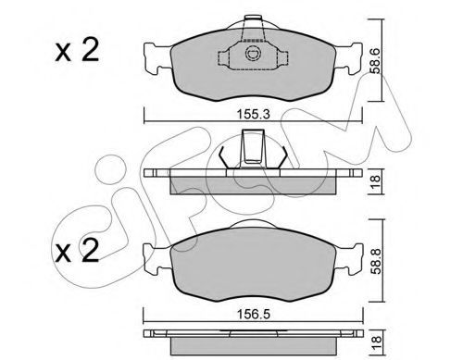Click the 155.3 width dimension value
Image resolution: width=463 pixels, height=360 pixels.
[x=253, y=114]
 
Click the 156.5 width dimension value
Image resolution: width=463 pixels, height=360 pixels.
[x=253, y=315]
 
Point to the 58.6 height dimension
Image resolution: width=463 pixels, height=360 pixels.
[x=376, y=60]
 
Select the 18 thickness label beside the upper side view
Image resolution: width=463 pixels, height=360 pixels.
[x=376, y=182]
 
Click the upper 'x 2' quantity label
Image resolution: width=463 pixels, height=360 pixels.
[x=77, y=50]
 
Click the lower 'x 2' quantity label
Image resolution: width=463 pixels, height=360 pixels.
[x=77, y=251]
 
